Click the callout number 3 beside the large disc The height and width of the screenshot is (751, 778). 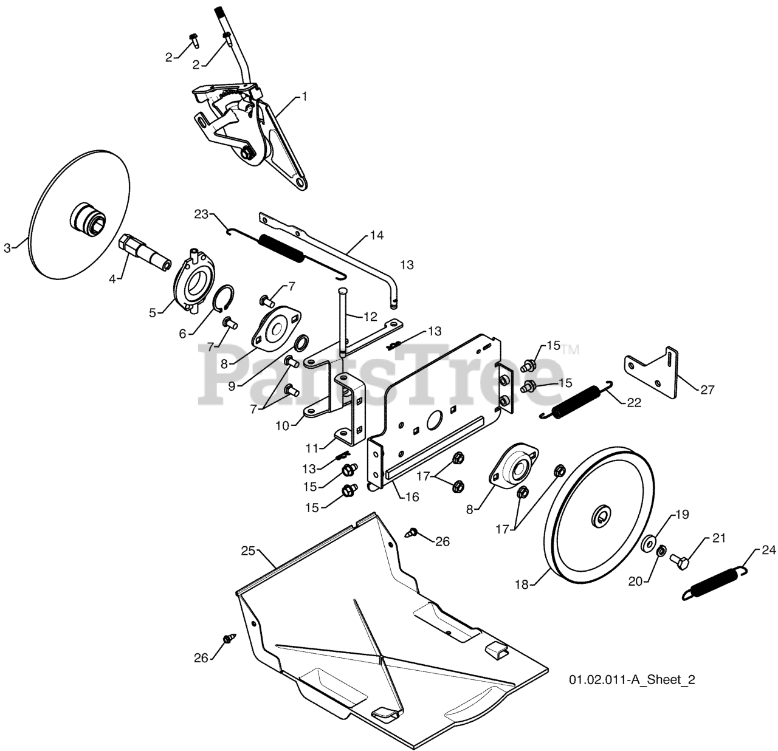7,247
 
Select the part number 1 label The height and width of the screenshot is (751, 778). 304,96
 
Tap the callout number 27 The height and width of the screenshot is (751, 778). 707,389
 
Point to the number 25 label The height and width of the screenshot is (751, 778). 247,550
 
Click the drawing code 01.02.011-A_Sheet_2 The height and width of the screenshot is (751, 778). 632,679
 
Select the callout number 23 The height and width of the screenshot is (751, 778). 201,214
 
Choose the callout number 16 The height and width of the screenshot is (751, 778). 412,496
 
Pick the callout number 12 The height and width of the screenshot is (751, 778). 370,317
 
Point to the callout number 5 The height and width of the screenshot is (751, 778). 153,312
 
